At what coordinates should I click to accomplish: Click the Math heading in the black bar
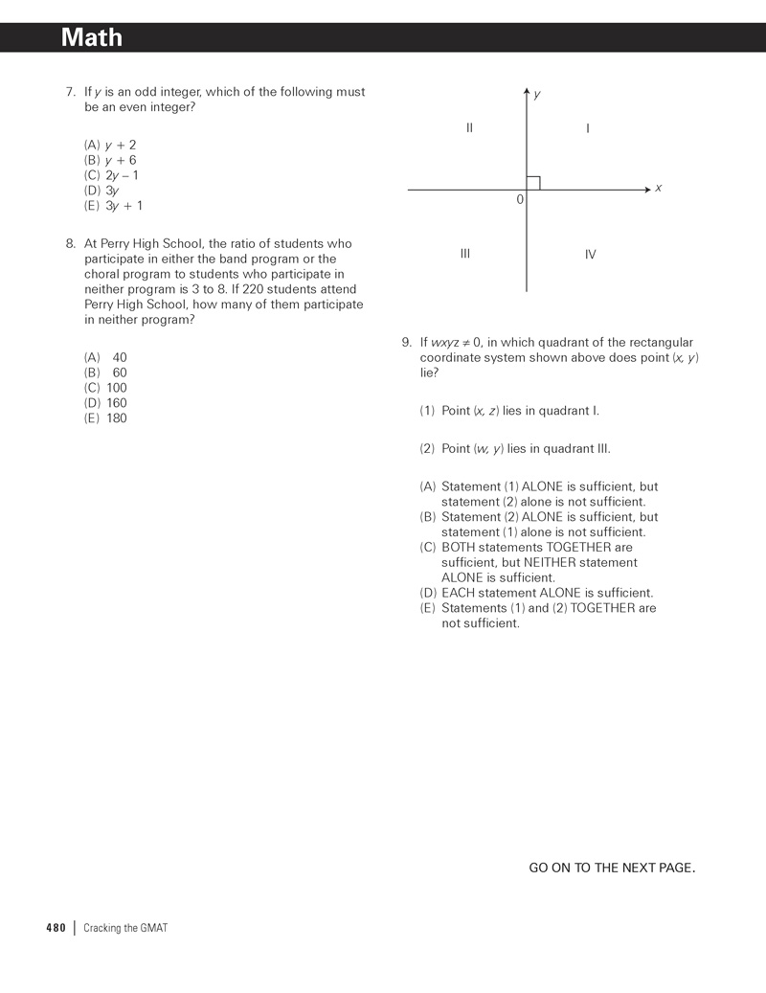click(92, 37)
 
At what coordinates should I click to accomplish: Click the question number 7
click(70, 92)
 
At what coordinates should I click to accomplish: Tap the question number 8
click(70, 244)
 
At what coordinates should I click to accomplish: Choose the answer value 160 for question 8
click(117, 403)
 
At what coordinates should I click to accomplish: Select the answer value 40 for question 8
click(120, 357)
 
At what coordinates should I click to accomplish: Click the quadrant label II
click(469, 128)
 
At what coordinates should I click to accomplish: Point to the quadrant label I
click(588, 128)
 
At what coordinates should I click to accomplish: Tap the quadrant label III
click(465, 254)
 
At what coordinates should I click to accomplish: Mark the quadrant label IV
click(590, 255)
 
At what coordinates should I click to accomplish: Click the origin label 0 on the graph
click(520, 200)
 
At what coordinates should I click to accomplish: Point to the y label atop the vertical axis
click(537, 94)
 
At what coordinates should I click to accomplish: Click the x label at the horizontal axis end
click(659, 188)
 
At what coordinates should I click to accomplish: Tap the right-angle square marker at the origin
click(533, 183)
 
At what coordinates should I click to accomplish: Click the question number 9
click(406, 343)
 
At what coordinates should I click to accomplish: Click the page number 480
click(56, 928)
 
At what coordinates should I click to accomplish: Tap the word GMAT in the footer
click(153, 928)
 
